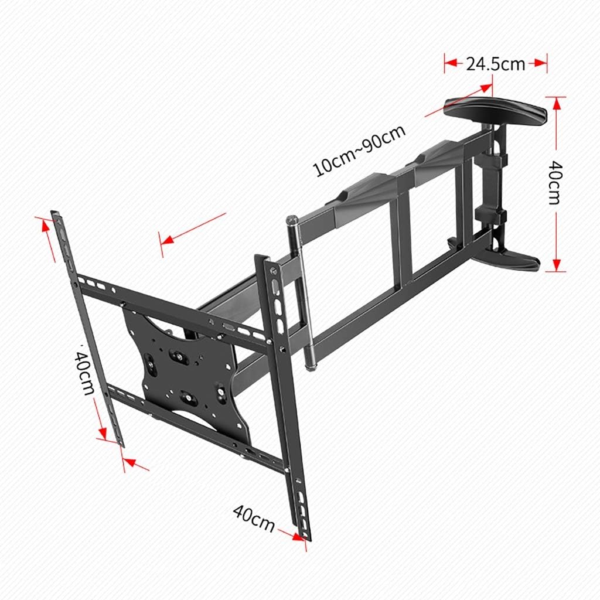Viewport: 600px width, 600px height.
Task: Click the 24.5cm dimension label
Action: click(x=495, y=64)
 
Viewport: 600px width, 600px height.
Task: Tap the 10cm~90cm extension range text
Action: click(x=360, y=151)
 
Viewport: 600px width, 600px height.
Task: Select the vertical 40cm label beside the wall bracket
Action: click(x=553, y=183)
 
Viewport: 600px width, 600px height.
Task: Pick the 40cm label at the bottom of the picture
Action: click(x=254, y=519)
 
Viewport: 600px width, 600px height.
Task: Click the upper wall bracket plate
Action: click(x=495, y=110)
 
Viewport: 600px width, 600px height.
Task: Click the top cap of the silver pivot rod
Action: click(x=291, y=220)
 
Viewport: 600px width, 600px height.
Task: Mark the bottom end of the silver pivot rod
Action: click(x=311, y=366)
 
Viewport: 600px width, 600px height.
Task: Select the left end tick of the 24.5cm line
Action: click(x=445, y=64)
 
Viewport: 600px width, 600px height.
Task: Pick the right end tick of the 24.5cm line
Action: click(x=546, y=64)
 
